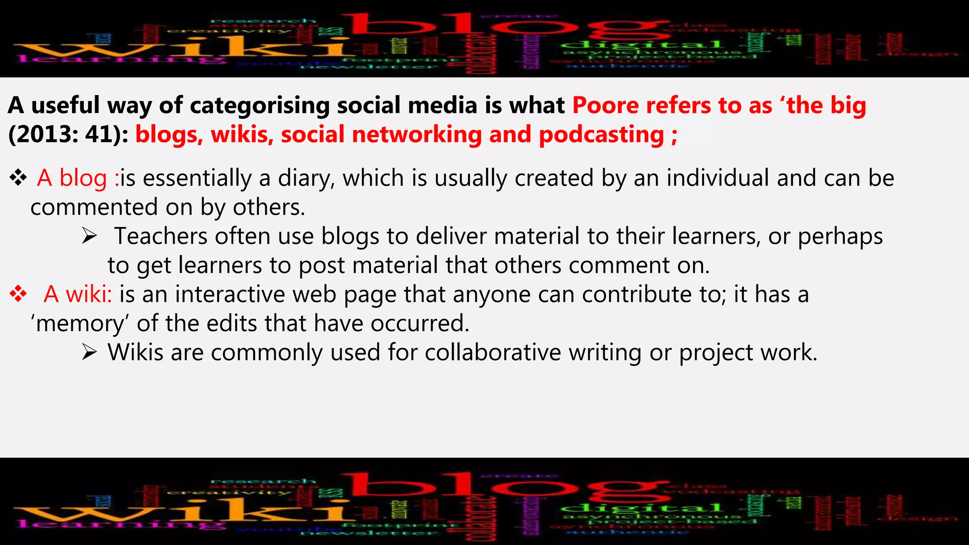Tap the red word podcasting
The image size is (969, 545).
click(x=601, y=135)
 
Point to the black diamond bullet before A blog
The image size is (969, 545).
click(x=18, y=178)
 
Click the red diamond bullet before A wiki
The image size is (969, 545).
click(x=18, y=294)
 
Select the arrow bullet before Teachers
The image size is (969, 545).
click(x=89, y=236)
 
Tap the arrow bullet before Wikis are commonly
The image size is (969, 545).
click(x=89, y=352)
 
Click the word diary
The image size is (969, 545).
click(x=306, y=178)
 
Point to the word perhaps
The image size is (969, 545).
click(x=840, y=236)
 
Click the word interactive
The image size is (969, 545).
click(x=230, y=294)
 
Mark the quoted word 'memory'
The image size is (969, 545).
click(x=80, y=324)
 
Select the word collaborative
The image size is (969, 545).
click(x=493, y=352)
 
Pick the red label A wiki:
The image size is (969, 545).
click(x=78, y=294)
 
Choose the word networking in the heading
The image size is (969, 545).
click(x=417, y=135)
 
